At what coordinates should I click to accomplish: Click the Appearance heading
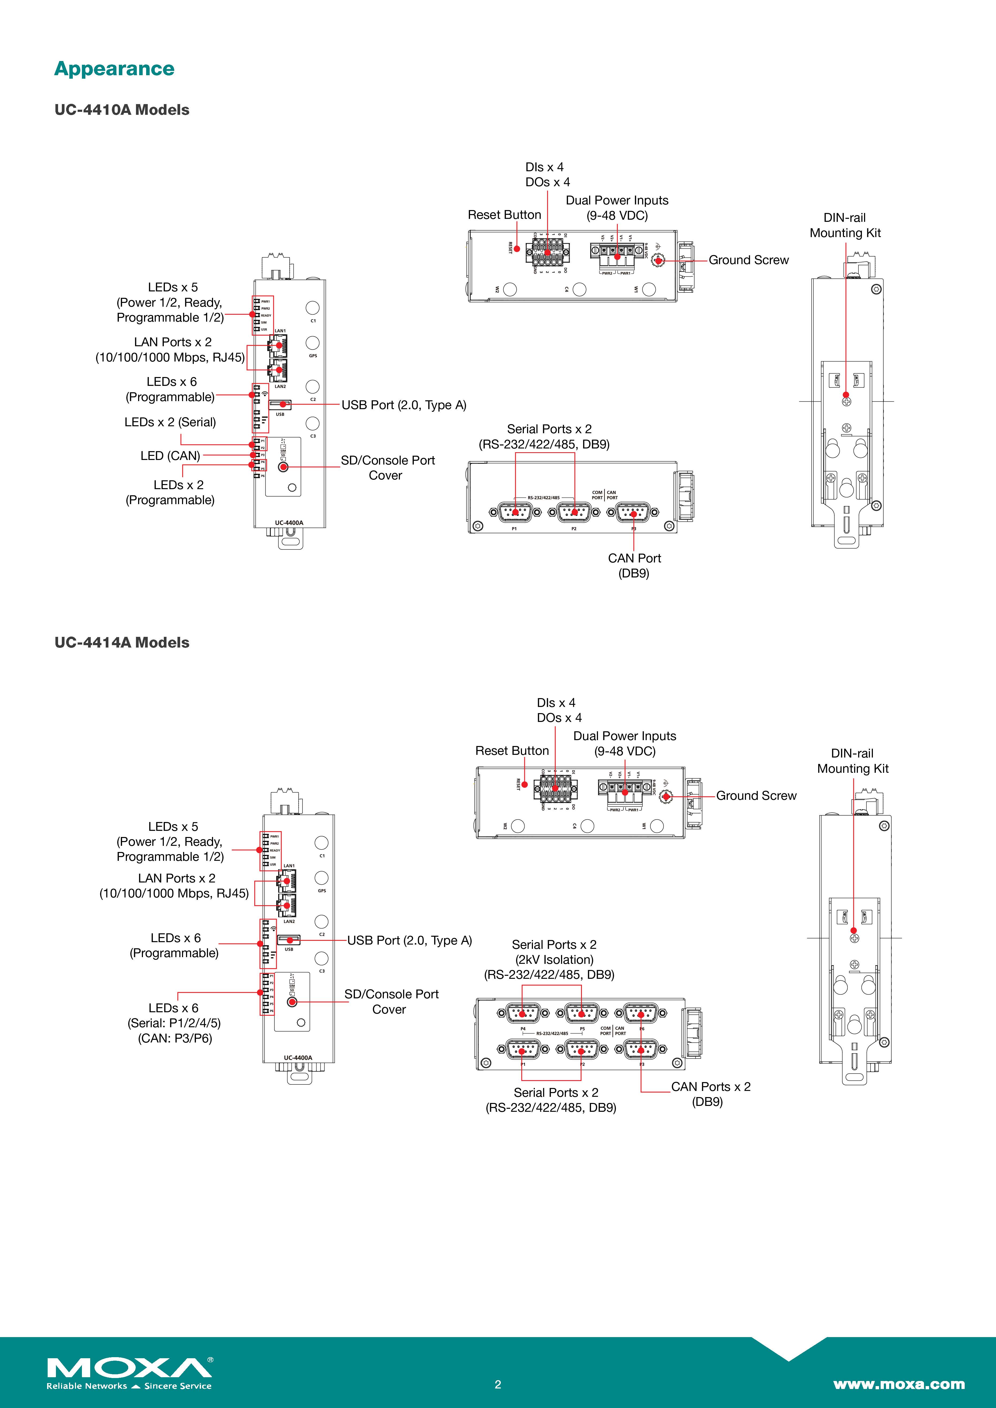pyautogui.click(x=114, y=69)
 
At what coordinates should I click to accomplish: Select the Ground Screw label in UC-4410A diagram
pyautogui.click(x=748, y=260)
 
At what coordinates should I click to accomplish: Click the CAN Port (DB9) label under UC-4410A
pyautogui.click(x=634, y=565)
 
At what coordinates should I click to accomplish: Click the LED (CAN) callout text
pyautogui.click(x=170, y=456)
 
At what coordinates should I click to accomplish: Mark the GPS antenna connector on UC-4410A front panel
pyautogui.click(x=312, y=343)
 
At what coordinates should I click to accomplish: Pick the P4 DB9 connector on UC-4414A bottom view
pyautogui.click(x=522, y=1013)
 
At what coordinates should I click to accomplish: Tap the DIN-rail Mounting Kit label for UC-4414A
pyautogui.click(x=853, y=760)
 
